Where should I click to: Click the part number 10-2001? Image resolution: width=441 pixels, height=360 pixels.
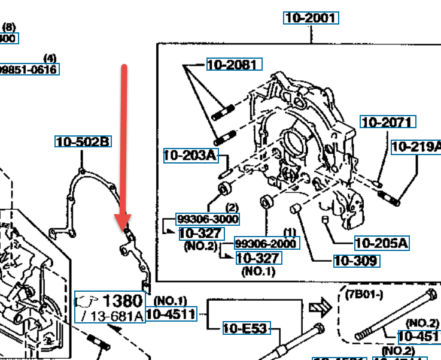coord(311,18)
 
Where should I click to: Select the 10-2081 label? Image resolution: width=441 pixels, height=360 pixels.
coord(234,64)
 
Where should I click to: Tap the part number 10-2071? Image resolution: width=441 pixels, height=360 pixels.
coord(387,122)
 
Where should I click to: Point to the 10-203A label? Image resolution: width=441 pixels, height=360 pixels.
coord(189,156)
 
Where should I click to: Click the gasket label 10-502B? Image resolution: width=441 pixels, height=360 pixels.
coord(83,142)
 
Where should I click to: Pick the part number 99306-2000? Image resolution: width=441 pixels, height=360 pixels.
coord(265,244)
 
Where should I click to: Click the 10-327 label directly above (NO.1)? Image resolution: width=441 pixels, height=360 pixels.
coord(258,258)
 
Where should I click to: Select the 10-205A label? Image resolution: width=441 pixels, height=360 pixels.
coord(381,243)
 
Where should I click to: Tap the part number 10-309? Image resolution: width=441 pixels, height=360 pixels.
coord(355,261)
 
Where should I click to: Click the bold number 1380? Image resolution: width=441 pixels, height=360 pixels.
coord(123,301)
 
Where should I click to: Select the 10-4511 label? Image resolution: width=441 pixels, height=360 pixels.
coord(171,313)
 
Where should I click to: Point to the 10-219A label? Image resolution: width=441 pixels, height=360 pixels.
coord(416,147)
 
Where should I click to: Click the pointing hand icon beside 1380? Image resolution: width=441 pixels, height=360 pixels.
coord(88,300)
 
